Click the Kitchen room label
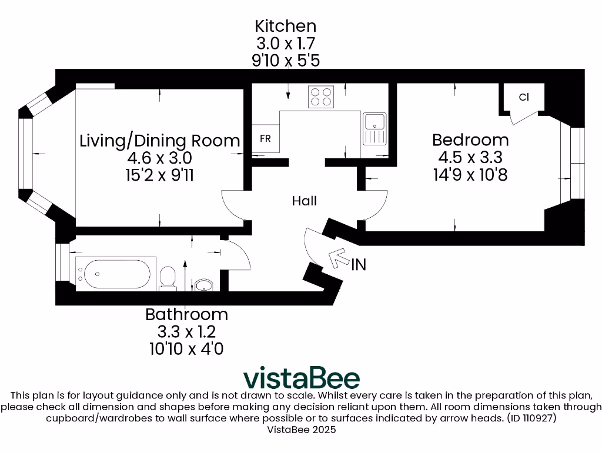[x=285, y=26]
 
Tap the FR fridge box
[x=266, y=139]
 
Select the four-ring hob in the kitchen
[x=321, y=97]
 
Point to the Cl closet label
[x=524, y=97]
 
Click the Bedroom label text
[x=470, y=140]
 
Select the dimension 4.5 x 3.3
[x=470, y=158]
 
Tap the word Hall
[x=305, y=201]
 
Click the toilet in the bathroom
[x=168, y=278]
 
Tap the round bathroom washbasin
[x=203, y=285]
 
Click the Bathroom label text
[x=186, y=314]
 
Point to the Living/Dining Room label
[x=160, y=141]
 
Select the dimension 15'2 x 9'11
[x=160, y=175]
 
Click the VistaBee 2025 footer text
[x=301, y=430]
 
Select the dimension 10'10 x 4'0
[x=186, y=348]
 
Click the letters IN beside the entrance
[x=359, y=265]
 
